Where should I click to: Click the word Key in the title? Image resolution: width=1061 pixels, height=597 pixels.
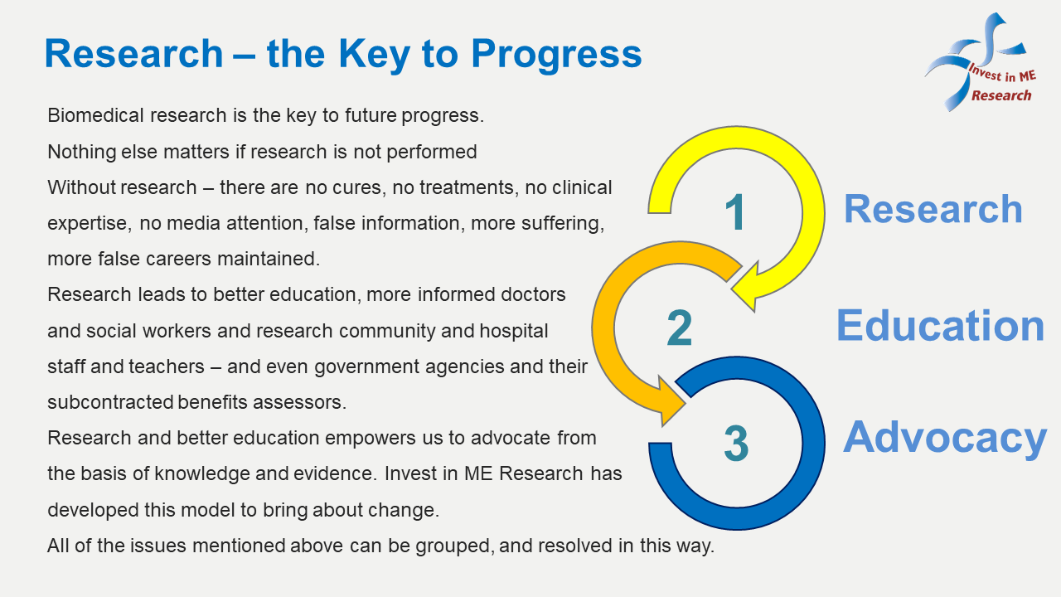(x=374, y=55)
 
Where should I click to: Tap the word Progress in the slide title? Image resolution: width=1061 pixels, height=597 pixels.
(x=556, y=55)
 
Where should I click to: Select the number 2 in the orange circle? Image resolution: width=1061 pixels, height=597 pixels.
(x=679, y=328)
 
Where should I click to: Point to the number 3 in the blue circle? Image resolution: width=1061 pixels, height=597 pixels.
(x=736, y=444)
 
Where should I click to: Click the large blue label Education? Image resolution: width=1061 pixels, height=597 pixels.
(x=940, y=326)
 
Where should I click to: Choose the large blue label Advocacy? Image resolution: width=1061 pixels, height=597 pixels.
(x=944, y=439)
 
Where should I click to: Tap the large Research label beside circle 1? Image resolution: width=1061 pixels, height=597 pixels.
(x=933, y=209)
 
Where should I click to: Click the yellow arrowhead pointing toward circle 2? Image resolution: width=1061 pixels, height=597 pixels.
(x=744, y=287)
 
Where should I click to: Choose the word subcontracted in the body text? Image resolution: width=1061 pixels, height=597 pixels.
(x=110, y=402)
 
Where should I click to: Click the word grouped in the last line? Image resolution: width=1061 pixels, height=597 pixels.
(x=455, y=546)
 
